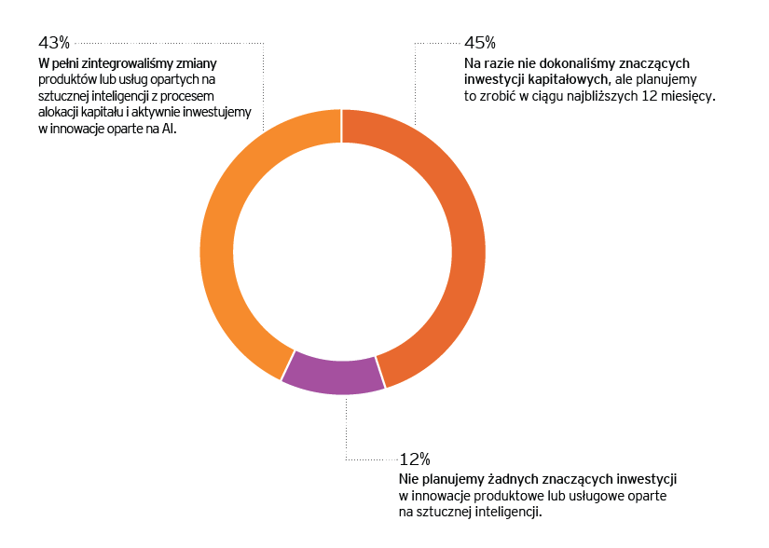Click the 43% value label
pyautogui.click(x=54, y=43)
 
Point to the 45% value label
pyautogui.click(x=479, y=43)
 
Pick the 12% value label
pyautogui.click(x=414, y=459)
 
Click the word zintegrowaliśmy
pyautogui.click(x=130, y=63)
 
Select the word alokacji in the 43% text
pyautogui.click(x=61, y=114)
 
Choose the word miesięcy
pyautogui.click(x=689, y=96)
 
